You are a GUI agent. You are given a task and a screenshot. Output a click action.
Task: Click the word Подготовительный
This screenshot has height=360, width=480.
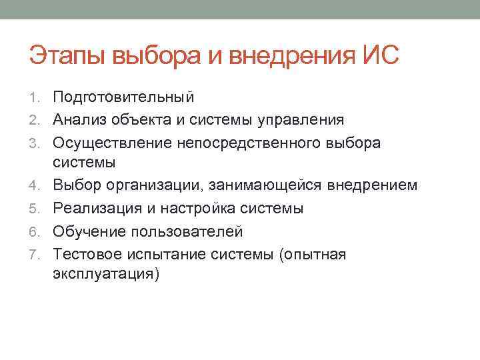[x=124, y=97]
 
